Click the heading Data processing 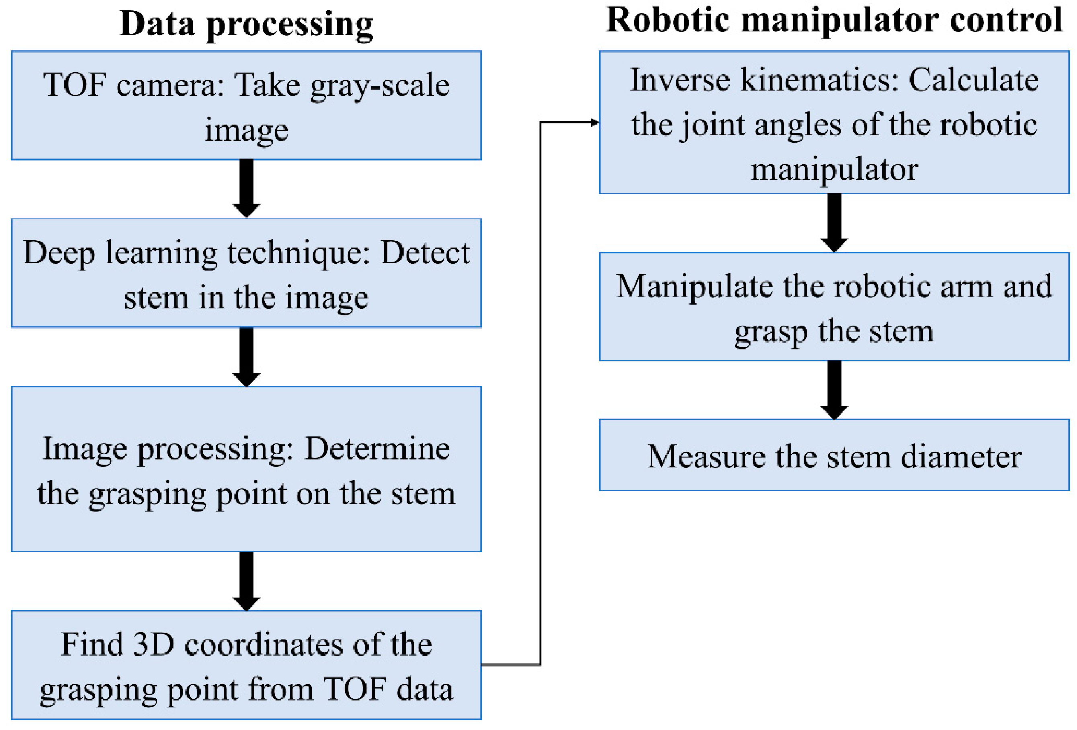click(x=246, y=23)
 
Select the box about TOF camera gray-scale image click(x=246, y=106)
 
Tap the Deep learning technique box click(x=246, y=273)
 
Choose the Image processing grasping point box click(x=246, y=469)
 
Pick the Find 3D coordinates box click(x=246, y=665)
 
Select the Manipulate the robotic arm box click(x=834, y=307)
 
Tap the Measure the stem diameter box click(x=834, y=456)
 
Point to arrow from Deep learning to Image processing click(x=246, y=357)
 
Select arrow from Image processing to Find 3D click(x=246, y=581)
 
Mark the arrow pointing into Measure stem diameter click(x=834, y=390)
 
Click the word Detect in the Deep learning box click(x=425, y=253)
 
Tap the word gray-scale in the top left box click(x=380, y=85)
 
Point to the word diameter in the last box click(x=961, y=457)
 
